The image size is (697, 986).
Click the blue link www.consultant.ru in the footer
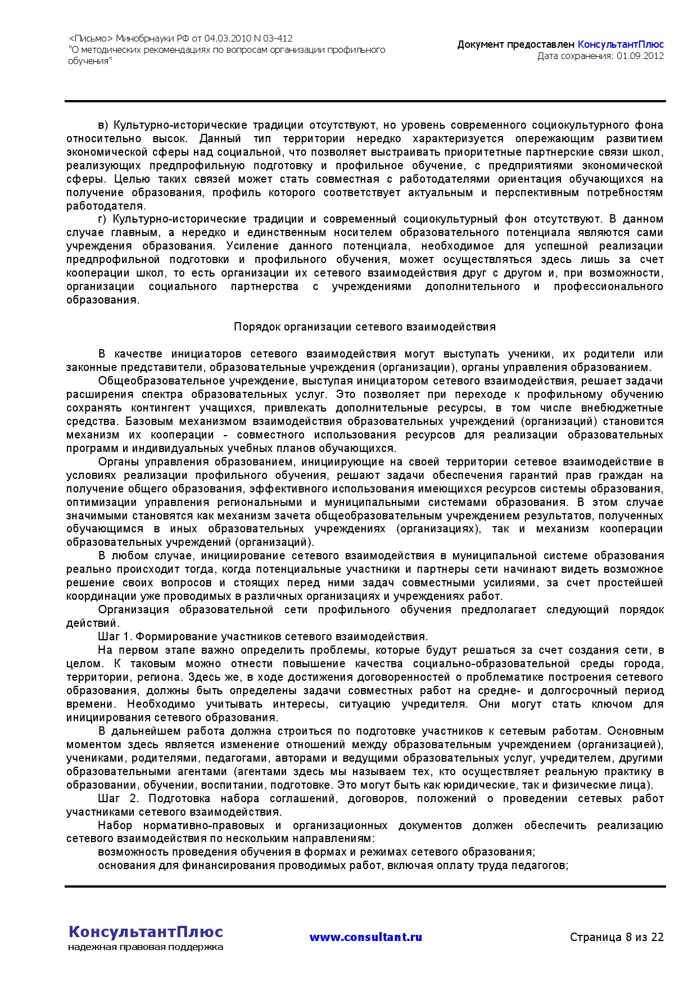(365, 937)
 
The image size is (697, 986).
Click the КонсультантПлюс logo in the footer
(146, 931)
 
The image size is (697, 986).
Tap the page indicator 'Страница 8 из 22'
(617, 937)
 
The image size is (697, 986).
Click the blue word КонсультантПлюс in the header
(621, 44)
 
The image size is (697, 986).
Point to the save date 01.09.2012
(640, 56)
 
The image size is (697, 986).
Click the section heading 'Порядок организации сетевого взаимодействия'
(365, 327)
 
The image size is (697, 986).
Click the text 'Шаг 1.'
(115, 636)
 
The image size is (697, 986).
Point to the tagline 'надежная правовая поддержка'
(146, 947)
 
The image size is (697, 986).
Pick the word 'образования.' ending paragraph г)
(102, 300)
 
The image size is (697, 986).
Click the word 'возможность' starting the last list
(126, 852)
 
